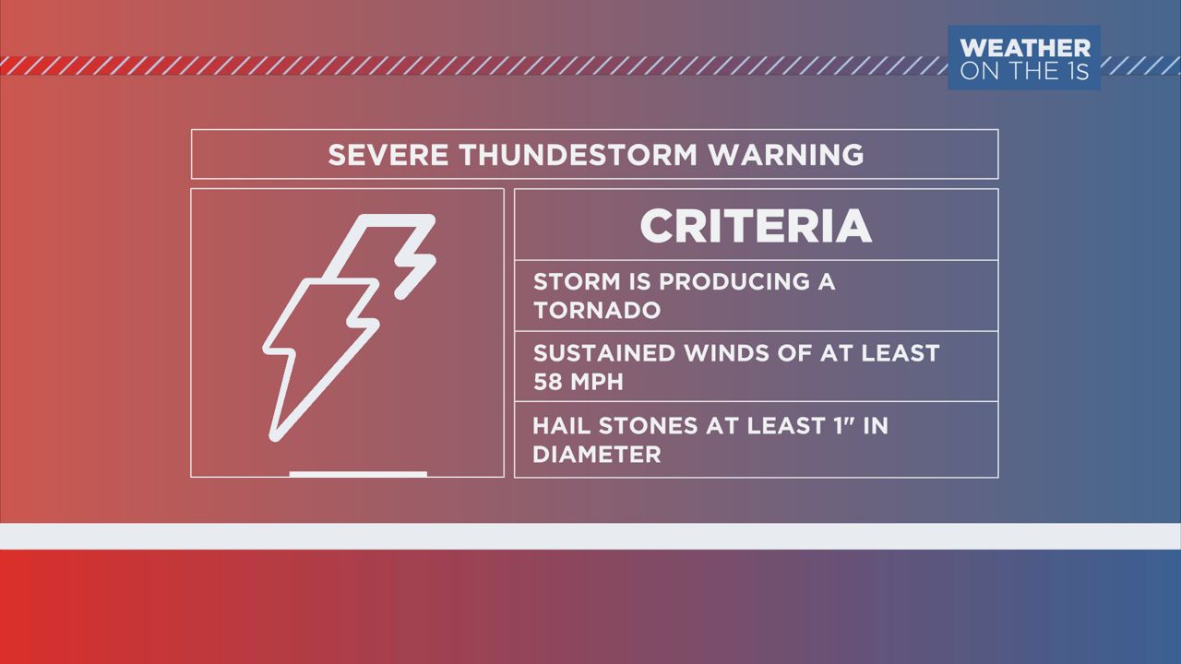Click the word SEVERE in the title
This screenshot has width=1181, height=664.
click(x=388, y=155)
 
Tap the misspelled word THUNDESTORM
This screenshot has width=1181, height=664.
click(x=578, y=155)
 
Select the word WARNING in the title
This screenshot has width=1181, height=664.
click(x=785, y=155)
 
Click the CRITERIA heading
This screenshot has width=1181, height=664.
click(x=756, y=226)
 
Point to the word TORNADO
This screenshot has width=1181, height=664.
click(x=597, y=310)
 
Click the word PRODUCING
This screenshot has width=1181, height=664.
click(x=734, y=281)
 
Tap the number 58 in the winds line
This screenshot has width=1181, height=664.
click(x=548, y=382)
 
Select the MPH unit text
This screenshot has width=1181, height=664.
click(x=597, y=382)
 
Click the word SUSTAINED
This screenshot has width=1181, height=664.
click(x=604, y=353)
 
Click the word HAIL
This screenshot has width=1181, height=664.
click(x=561, y=426)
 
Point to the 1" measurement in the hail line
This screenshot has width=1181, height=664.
click(x=843, y=426)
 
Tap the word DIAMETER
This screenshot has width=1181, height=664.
click(x=597, y=455)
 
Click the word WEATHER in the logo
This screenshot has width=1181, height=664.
click(x=1025, y=49)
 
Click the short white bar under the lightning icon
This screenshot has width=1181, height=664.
click(x=358, y=474)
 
